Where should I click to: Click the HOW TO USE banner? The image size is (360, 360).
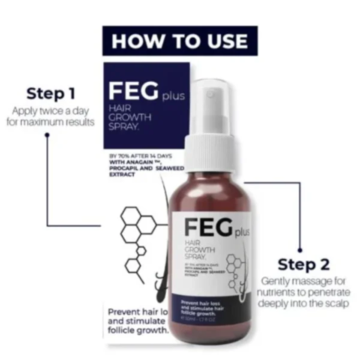pos(179,40)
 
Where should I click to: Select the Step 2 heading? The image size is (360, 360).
pos(302,265)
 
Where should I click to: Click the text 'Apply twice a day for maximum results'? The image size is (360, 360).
pos(49,116)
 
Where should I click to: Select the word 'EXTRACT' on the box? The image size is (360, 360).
pos(122,174)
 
